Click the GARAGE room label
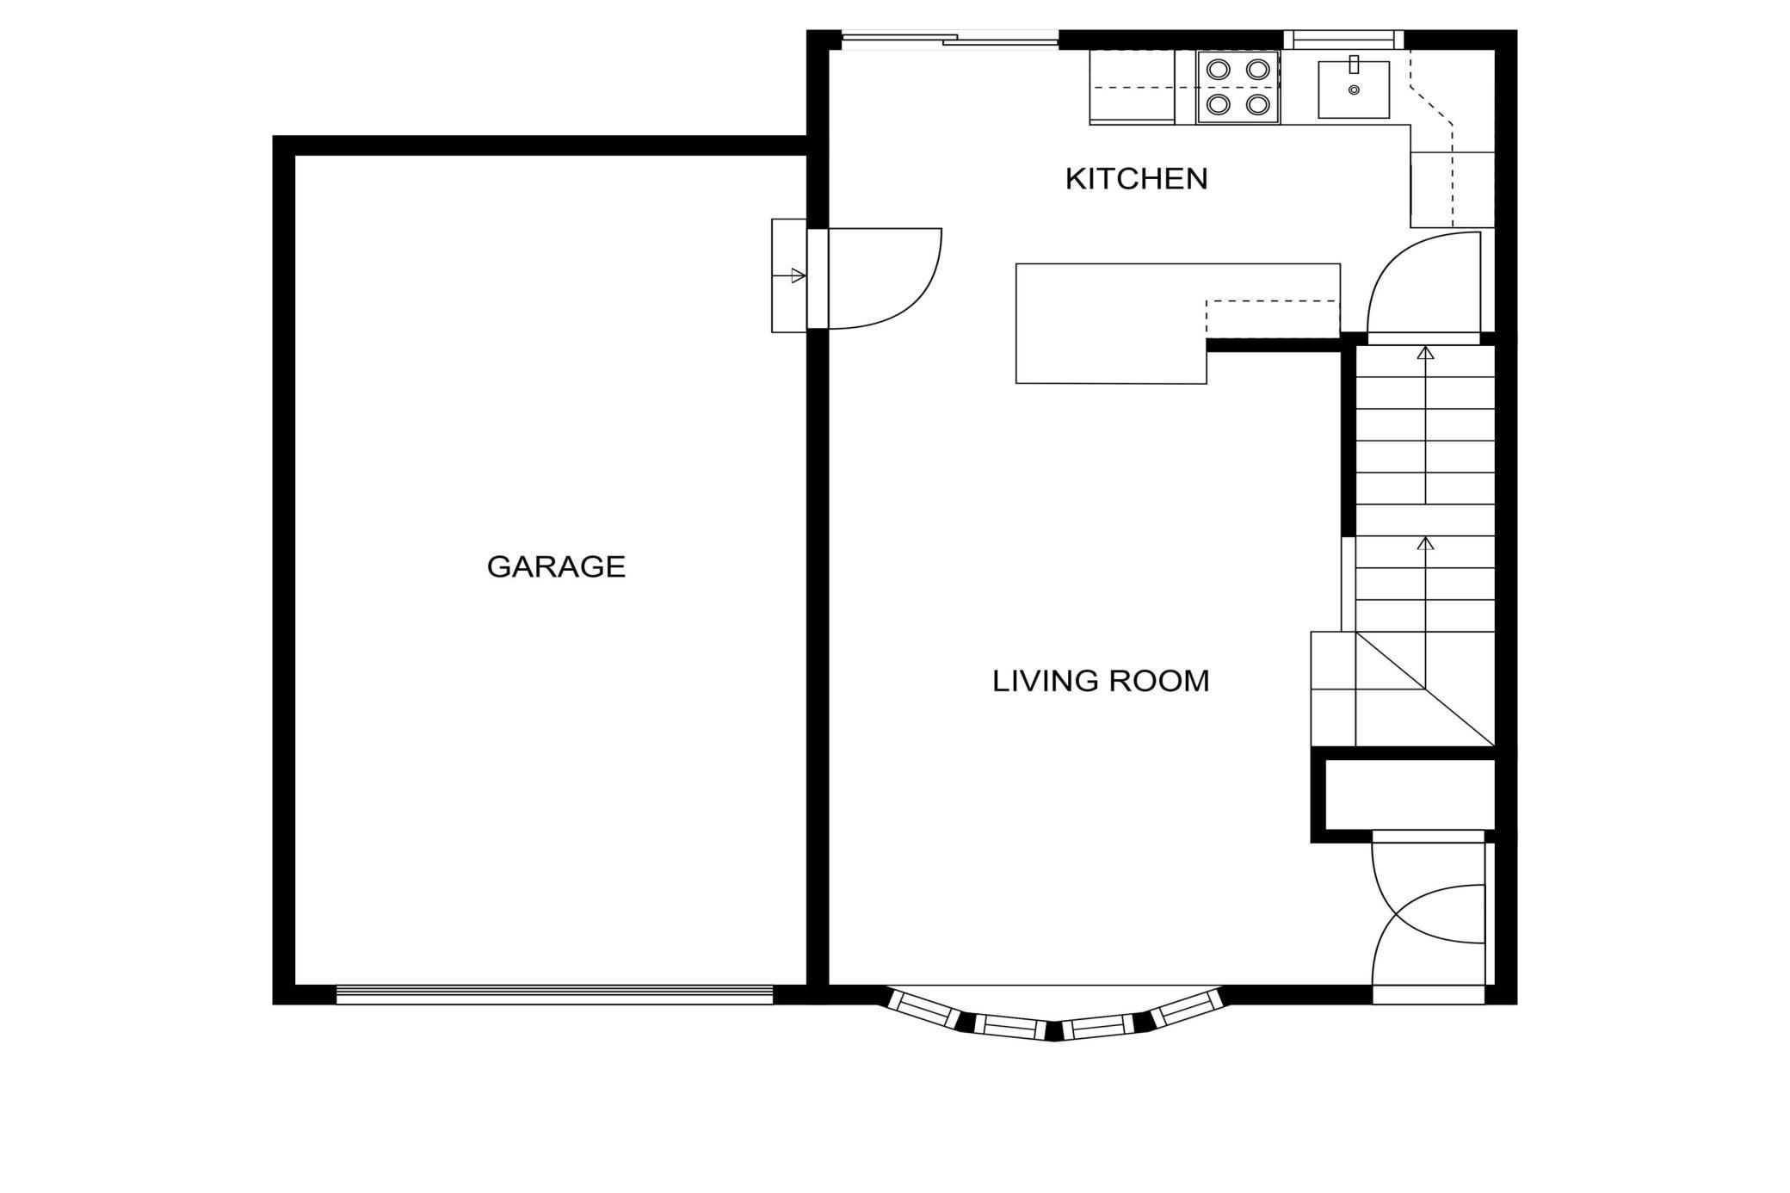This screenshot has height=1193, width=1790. click(556, 566)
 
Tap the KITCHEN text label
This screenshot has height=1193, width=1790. click(1136, 179)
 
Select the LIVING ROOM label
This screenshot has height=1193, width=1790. click(1101, 681)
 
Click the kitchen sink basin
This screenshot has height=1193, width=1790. click(1354, 90)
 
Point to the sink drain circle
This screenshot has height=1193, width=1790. click(1354, 90)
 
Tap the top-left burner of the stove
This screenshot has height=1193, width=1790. click(1218, 69)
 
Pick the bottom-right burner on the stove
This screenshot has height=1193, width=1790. click(1258, 105)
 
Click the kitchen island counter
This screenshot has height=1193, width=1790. click(1110, 323)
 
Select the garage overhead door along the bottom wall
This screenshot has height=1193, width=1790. click(555, 995)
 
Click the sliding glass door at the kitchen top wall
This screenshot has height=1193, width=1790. click(949, 39)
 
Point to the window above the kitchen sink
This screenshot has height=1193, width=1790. click(1344, 40)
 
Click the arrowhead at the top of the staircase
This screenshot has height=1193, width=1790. click(1426, 353)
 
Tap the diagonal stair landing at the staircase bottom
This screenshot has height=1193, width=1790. click(1425, 689)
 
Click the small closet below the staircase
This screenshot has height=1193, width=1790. click(1410, 794)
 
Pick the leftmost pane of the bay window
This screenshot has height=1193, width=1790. click(923, 1010)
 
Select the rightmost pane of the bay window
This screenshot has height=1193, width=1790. click(1188, 1008)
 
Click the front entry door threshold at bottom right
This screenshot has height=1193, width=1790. click(1429, 995)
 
